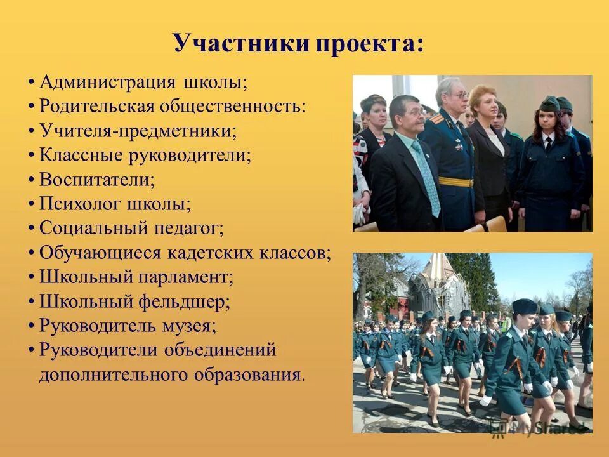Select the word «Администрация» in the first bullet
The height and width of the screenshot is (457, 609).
(x=107, y=83)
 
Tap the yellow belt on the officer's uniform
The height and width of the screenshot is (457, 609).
(x=455, y=182)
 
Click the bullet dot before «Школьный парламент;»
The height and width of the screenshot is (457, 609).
(x=31, y=277)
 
